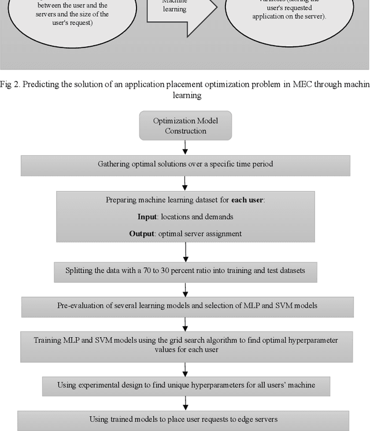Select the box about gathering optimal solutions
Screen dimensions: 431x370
(185, 164)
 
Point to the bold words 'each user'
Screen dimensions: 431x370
(247, 200)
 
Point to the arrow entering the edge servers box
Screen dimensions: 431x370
(185, 402)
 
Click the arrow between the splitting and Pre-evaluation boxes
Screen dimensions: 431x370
(185, 288)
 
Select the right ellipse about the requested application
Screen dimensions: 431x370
(289, 14)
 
